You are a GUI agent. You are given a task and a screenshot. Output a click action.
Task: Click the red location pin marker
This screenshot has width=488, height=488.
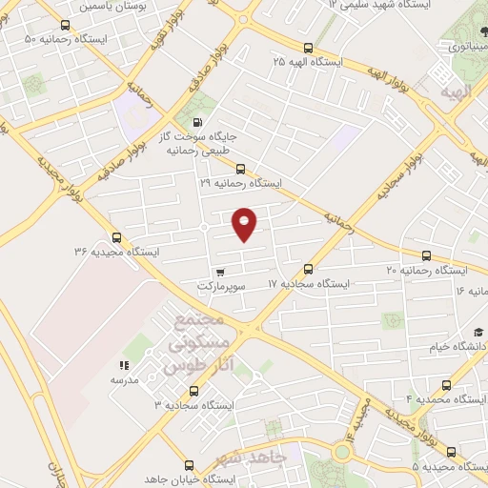pyautogui.click(x=245, y=223)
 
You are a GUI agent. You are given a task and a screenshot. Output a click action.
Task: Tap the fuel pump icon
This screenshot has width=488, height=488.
pyautogui.click(x=197, y=122)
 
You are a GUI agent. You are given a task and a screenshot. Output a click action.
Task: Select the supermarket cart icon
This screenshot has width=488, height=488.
pyautogui.click(x=220, y=272)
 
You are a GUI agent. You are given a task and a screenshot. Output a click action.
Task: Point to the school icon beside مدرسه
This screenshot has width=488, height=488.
pyautogui.click(x=123, y=364)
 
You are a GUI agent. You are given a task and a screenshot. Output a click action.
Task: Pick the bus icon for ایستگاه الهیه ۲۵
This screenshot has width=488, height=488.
pyautogui.click(x=307, y=47)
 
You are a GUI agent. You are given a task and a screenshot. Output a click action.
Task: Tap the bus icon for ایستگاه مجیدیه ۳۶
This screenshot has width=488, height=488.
pyautogui.click(x=116, y=237)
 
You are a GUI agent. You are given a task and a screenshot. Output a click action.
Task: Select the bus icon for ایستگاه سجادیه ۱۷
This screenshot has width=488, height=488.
pyautogui.click(x=307, y=269)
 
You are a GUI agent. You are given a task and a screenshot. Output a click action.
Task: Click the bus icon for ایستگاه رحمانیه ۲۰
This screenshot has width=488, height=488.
pyautogui.click(x=426, y=255)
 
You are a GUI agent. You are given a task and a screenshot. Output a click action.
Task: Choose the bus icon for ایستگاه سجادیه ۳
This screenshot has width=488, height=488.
pyautogui.click(x=194, y=391)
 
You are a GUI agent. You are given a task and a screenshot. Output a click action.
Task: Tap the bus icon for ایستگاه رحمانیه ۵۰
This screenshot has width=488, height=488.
pyautogui.click(x=65, y=26)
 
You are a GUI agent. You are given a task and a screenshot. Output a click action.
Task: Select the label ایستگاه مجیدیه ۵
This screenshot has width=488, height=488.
pyautogui.click(x=449, y=466)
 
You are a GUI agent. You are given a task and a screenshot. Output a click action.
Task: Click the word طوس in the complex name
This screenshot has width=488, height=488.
pyautogui.click(x=184, y=365)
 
